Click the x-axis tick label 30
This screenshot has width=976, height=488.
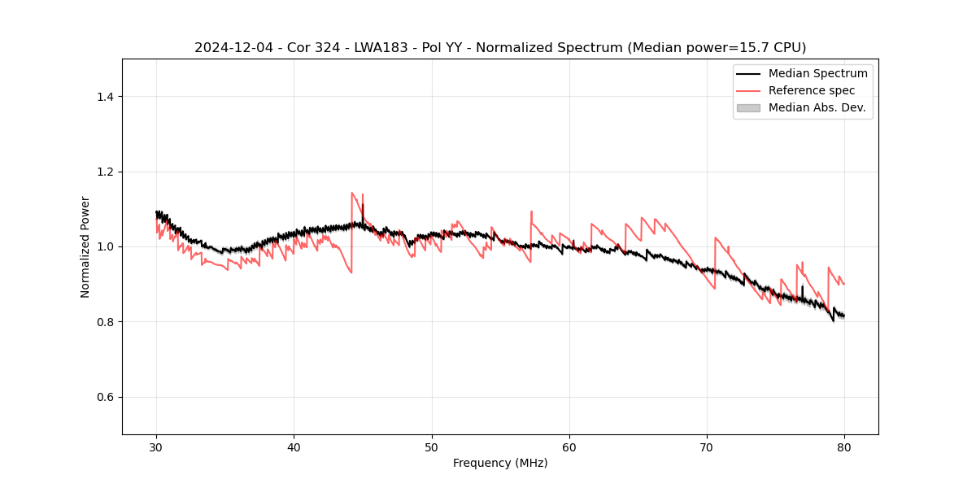[157, 447]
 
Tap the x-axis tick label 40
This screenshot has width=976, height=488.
[294, 447]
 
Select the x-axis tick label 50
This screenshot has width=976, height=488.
[432, 447]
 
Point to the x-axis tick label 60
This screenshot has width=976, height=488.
[569, 447]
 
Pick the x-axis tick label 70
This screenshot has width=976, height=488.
[707, 447]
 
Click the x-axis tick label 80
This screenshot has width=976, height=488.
[844, 447]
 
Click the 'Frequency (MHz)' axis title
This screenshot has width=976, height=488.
[500, 463]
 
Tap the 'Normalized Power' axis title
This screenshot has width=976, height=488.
[85, 246]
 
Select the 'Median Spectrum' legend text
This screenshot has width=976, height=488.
[817, 73]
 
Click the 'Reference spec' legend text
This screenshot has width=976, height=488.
[811, 90]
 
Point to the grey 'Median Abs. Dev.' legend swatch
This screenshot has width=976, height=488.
[748, 107]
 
